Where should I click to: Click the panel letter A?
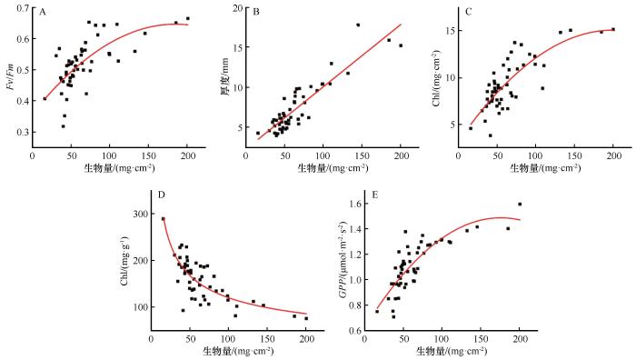pos(43,12)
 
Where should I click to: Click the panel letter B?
pos(256,12)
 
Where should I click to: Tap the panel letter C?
pos(469,12)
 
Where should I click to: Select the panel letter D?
pos(162,195)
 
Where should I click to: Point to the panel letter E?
pos(374,195)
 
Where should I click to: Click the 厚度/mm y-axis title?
pos(225,76)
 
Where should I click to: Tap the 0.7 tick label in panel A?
pos(23,7)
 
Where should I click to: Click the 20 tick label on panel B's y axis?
pos(237,8)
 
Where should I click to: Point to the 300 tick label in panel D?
pos(140,214)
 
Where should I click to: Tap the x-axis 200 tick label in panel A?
pos(187,156)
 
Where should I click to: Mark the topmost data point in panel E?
pos(520,205)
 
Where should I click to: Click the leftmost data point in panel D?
pos(164,219)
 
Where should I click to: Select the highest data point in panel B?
pos(358,25)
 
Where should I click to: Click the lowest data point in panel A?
pos(64,126)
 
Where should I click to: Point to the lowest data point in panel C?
pos(491,135)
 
